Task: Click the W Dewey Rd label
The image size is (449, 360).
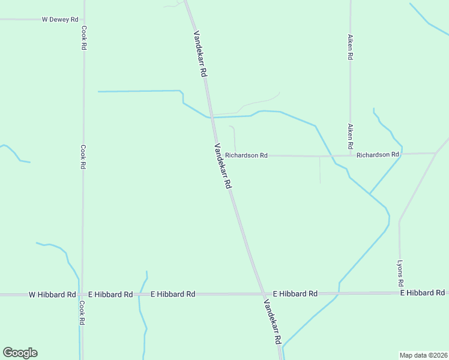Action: pos(61,19)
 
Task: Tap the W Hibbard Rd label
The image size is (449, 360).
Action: pos(52,295)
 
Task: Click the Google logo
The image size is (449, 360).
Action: pos(20,353)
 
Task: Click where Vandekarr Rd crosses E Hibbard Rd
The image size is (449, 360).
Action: pos(263,294)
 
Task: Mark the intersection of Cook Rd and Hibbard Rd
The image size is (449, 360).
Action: pos(82,295)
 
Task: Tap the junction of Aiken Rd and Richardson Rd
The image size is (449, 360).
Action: pos(351,155)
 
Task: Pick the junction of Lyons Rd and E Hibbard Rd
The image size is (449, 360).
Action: pos(400,293)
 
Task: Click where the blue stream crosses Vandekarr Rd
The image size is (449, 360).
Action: pos(211,117)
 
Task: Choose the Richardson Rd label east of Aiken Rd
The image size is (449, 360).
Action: pos(378,155)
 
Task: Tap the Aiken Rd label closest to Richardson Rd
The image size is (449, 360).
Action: pos(350,137)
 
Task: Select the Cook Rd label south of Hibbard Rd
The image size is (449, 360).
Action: pos(82,313)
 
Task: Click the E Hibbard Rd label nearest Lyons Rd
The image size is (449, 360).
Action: pos(423,293)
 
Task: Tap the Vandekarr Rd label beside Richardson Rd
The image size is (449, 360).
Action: pos(222,167)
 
